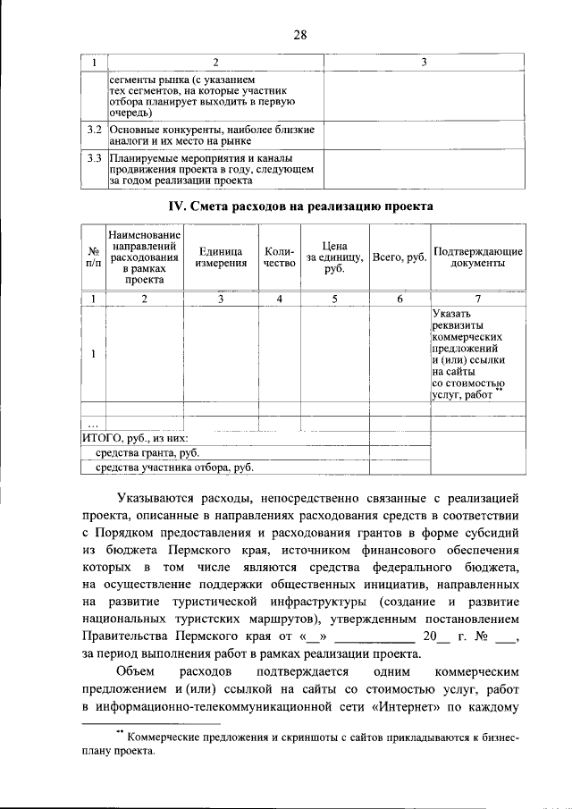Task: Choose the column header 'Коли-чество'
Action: coord(280,257)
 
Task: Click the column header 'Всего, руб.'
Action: coord(400,257)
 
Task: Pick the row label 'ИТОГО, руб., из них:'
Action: coord(135,439)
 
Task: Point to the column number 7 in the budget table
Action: coord(476,299)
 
